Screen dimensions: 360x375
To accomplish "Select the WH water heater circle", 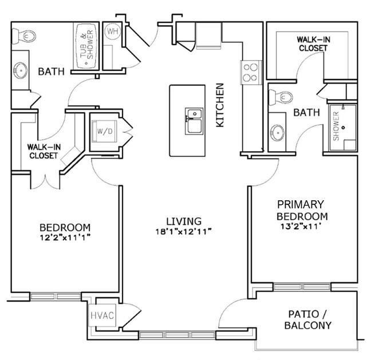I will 112,31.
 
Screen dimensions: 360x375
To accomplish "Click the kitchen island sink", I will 194,121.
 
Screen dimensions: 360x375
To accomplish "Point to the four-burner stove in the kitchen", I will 250,73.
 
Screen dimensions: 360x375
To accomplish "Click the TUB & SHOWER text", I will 84,46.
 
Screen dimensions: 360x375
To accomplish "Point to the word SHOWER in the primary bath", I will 337,126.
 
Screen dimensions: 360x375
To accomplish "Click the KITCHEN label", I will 219,105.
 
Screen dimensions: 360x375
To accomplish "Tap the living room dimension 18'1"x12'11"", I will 184,231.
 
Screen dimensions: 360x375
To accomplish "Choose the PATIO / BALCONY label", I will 308,320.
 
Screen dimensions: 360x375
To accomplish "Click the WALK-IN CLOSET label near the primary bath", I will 312,44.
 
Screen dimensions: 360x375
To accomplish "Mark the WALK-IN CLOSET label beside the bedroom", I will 42,151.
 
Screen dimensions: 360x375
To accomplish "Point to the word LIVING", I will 184,221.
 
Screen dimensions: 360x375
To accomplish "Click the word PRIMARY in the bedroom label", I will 301,204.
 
